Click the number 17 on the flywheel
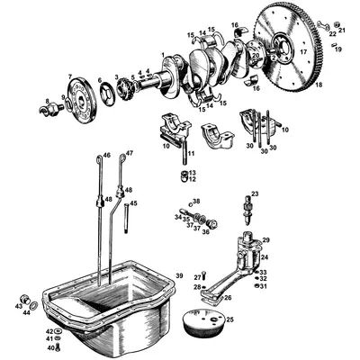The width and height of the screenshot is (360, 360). coord(302,51)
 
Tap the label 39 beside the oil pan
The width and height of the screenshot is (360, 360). coord(179,274)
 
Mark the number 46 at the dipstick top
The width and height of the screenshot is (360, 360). coord(106,156)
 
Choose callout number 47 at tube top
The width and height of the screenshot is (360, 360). coord(130,154)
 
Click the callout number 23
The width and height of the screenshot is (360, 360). coord(255,193)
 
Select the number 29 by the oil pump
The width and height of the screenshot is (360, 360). coord(265,240)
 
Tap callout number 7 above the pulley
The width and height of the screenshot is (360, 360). coord(70,76)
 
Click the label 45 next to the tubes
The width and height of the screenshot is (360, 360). coord(134,203)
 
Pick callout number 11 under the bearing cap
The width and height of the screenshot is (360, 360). coord(191,154)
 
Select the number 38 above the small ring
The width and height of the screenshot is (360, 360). coord(196,201)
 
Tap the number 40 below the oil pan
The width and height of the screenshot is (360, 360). coord(49,347)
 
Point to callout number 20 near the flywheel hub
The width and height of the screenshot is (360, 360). coord(256,56)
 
